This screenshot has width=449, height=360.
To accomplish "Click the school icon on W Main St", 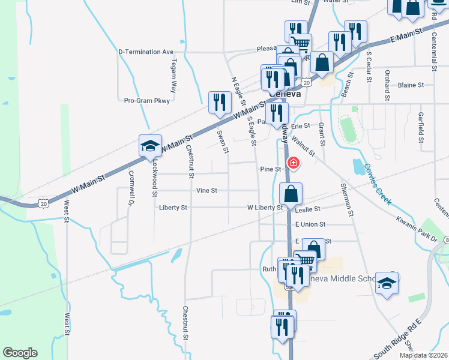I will (x=150, y=146).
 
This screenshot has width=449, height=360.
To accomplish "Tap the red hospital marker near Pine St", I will (x=294, y=163).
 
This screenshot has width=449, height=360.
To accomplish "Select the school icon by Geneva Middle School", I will (x=387, y=283).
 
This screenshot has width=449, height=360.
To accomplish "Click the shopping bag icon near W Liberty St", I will (x=291, y=194).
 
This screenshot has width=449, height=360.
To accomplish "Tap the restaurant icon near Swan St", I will (x=219, y=103).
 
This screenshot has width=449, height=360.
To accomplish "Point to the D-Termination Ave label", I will (x=146, y=52).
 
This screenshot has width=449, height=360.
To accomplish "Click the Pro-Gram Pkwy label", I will (x=147, y=101).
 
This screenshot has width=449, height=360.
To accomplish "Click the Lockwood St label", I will (x=154, y=179).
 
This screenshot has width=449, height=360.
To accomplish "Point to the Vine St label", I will (x=206, y=191).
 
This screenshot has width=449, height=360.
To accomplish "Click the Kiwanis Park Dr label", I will (x=417, y=229).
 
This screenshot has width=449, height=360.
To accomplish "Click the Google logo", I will (x=20, y=353).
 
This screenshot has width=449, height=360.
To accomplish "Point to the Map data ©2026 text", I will (x=423, y=355).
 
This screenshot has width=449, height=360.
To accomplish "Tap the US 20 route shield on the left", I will (x=43, y=204).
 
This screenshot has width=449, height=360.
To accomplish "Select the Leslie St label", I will (x=308, y=209).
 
